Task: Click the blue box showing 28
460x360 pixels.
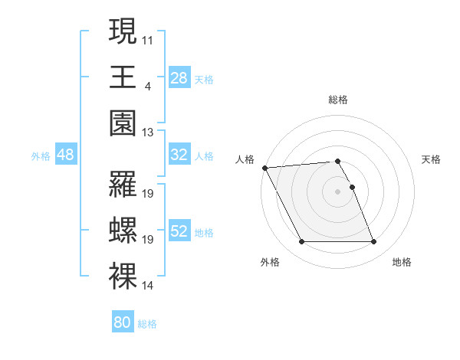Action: pos(179,77)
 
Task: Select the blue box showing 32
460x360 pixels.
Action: pos(179,155)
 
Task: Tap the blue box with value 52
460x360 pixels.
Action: pos(179,231)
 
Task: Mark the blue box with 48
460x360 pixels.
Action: pos(65,155)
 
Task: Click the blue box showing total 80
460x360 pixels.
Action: pos(122,322)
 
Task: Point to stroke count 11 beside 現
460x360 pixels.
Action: pos(148,38)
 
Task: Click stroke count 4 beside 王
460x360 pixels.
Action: pos(147,85)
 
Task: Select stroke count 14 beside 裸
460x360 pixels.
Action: pos(148,286)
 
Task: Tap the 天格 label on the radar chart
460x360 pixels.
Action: pos(431,159)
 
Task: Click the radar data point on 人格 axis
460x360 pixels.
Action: pos(265,167)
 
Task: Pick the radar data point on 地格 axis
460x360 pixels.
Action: pos(373,242)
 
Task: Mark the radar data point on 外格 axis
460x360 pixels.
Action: pos(301,242)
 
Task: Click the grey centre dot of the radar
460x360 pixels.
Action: pos(337,191)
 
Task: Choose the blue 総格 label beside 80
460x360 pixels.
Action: pos(147,324)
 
